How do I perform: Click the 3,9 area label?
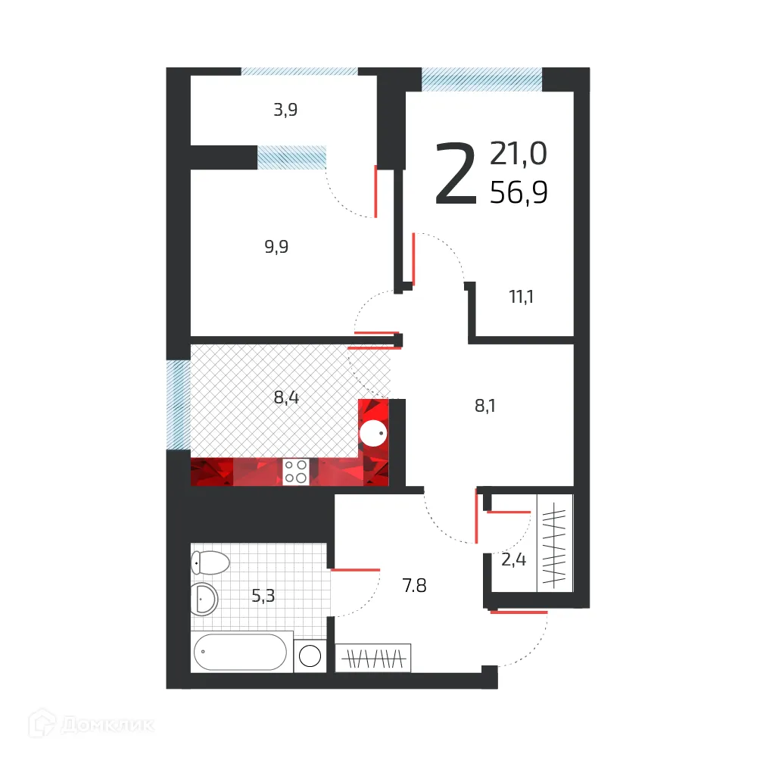click(x=285, y=111)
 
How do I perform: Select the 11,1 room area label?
click(x=521, y=297)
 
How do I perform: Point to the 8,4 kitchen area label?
click(x=286, y=397)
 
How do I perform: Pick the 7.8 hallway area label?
click(x=414, y=585)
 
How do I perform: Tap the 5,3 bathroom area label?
click(x=263, y=596)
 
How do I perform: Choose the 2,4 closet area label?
click(x=513, y=560)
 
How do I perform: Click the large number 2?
click(x=456, y=176)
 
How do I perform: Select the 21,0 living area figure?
click(x=519, y=154)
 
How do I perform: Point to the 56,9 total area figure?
click(x=519, y=194)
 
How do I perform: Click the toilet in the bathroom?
click(x=210, y=562)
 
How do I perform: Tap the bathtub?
click(x=240, y=652)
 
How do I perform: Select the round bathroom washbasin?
click(x=204, y=600)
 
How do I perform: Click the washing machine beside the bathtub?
click(x=310, y=656)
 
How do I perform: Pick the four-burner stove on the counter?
click(x=295, y=471)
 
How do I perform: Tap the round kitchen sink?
click(x=373, y=435)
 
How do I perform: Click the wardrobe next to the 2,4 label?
click(x=555, y=542)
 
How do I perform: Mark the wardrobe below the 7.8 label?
click(x=373, y=658)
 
